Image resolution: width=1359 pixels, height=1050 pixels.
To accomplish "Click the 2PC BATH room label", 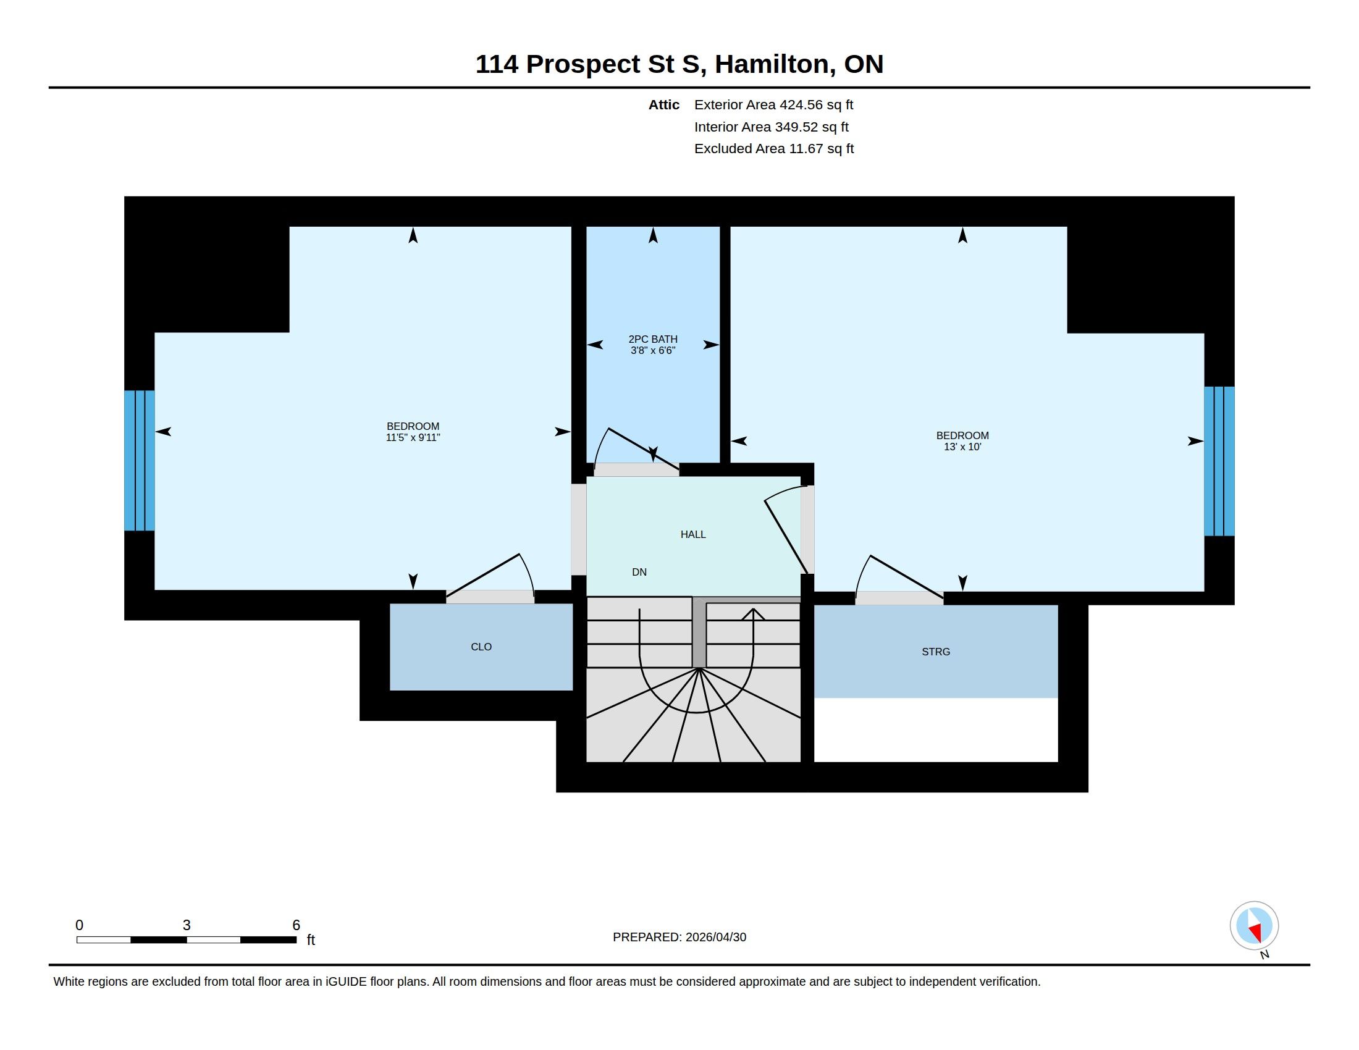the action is pyautogui.click(x=653, y=339).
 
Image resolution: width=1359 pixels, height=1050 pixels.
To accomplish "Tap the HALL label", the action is pyautogui.click(x=693, y=534).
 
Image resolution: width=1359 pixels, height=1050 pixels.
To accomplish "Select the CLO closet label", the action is pyautogui.click(x=481, y=647).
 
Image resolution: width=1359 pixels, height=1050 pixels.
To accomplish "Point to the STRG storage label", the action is pyautogui.click(x=936, y=652).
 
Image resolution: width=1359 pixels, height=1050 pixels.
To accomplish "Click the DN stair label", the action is pyautogui.click(x=639, y=573).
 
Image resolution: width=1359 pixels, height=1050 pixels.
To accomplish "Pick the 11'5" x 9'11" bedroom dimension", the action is pyautogui.click(x=413, y=438).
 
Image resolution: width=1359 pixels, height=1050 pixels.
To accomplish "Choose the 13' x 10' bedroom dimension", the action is pyautogui.click(x=962, y=447).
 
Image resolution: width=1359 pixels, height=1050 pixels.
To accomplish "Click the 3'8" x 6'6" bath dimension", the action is pyautogui.click(x=653, y=351).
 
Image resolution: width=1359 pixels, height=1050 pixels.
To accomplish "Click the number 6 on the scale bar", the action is pyautogui.click(x=296, y=925).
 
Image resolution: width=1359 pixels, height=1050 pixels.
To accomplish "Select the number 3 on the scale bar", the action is pyautogui.click(x=187, y=925).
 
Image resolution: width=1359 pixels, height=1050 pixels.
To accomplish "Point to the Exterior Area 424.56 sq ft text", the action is pyautogui.click(x=773, y=105).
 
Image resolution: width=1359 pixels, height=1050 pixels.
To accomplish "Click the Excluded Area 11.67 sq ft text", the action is pyautogui.click(x=774, y=149).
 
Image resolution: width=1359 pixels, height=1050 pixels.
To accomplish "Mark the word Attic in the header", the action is pyautogui.click(x=664, y=105).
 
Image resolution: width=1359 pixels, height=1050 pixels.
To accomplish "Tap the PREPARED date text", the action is pyautogui.click(x=679, y=938).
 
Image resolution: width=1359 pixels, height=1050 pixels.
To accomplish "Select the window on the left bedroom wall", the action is pyautogui.click(x=140, y=460).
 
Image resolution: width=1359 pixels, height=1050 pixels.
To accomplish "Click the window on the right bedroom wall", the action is pyautogui.click(x=1219, y=461).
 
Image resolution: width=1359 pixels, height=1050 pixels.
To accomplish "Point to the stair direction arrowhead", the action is pyautogui.click(x=753, y=614).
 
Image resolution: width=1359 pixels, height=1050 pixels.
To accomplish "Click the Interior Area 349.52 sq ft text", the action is pyautogui.click(x=772, y=127).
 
